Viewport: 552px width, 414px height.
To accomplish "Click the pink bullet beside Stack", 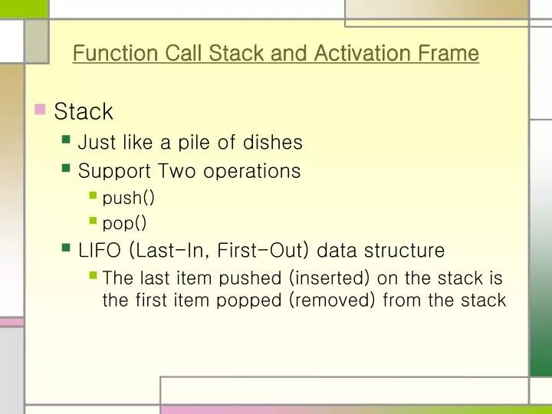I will [41, 110].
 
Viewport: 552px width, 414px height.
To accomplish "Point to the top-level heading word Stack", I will [84, 112].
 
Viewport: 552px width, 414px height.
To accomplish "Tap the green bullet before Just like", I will [67, 141].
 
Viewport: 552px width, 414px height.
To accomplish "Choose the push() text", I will [129, 198].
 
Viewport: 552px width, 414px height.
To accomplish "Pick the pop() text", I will [124, 223].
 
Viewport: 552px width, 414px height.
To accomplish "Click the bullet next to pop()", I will [93, 222].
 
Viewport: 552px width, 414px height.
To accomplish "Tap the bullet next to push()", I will [93, 196].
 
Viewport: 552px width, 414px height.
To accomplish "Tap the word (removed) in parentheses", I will [332, 300].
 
